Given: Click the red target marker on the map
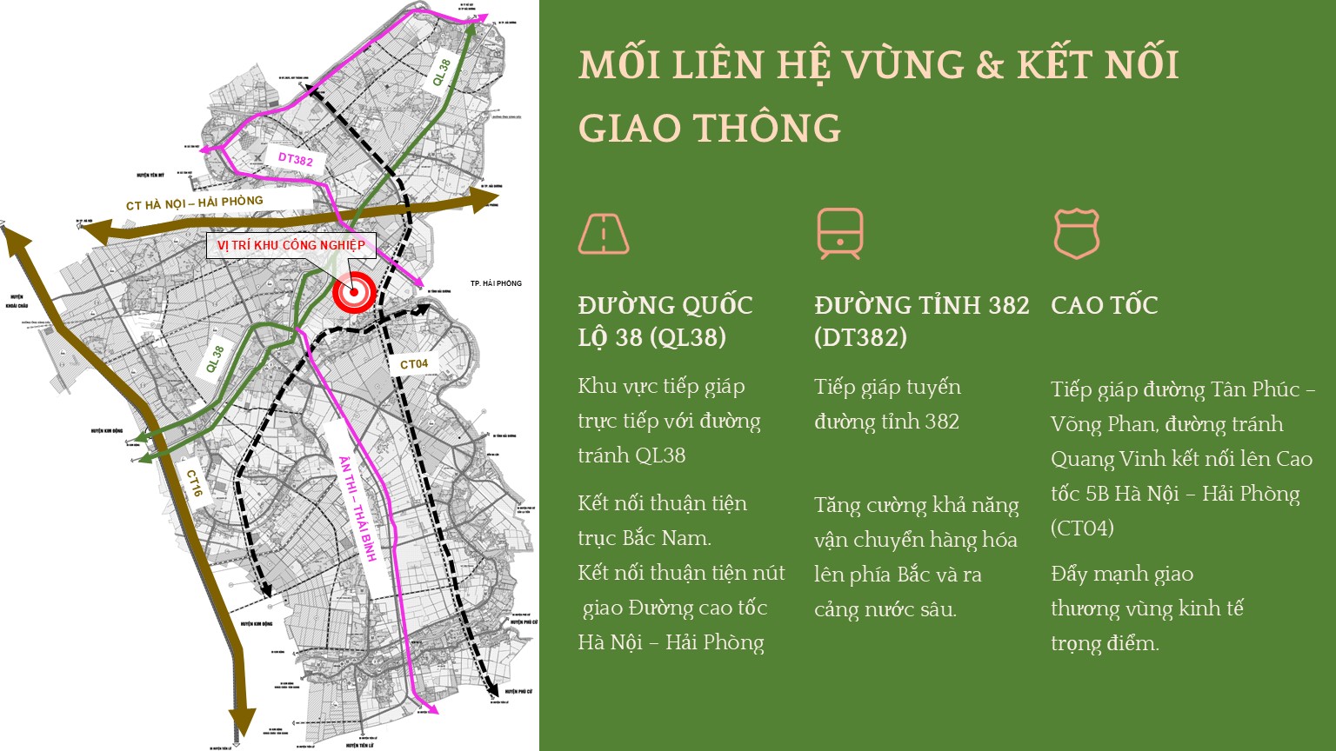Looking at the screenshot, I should click(x=354, y=293).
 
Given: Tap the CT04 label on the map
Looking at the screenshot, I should click(x=414, y=364).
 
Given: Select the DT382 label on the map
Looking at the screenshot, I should click(x=296, y=159).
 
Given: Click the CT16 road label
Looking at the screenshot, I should click(x=195, y=483).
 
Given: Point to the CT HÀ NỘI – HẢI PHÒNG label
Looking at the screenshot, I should click(x=194, y=203).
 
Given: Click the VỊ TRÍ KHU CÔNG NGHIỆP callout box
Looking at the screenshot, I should click(x=291, y=245).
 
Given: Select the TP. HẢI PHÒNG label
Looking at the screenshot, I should click(x=496, y=283).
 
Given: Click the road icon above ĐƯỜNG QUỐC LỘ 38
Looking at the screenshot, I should click(x=604, y=233).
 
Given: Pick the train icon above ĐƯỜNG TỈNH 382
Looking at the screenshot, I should click(x=839, y=233).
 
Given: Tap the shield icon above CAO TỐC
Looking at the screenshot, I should click(x=1076, y=233).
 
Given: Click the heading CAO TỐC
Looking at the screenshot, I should click(x=1104, y=305).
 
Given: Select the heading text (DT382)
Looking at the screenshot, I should click(x=860, y=337).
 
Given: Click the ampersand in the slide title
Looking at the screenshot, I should click(x=990, y=65).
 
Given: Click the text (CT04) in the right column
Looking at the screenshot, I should click(x=1082, y=528).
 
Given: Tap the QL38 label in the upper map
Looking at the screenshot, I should click(x=443, y=72).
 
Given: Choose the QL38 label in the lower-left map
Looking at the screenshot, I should click(x=215, y=359).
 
